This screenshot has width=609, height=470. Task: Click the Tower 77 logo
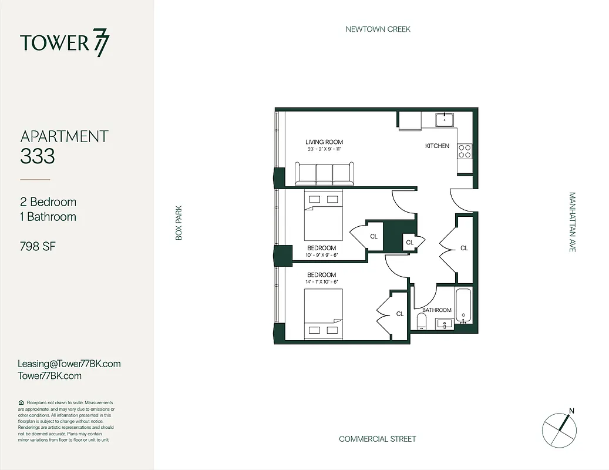point(65,43)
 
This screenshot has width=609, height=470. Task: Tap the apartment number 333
point(38,156)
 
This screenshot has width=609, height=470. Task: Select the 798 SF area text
point(38,246)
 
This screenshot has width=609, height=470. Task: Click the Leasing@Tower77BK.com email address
point(69,364)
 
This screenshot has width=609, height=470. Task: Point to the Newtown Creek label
point(378,29)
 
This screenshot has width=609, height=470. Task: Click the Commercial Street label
point(377,439)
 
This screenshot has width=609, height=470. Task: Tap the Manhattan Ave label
point(572,222)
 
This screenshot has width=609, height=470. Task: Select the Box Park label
point(179,222)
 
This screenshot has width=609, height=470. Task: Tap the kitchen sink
point(445,119)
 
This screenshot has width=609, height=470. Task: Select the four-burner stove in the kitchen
point(465,151)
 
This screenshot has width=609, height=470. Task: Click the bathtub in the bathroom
point(463,305)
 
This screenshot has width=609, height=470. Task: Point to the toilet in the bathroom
point(420,321)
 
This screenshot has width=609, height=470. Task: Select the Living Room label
point(324,142)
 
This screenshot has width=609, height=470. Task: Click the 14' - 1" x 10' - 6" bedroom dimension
point(321,283)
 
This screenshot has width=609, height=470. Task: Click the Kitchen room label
point(437,146)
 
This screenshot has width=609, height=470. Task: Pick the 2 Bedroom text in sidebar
point(48,202)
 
